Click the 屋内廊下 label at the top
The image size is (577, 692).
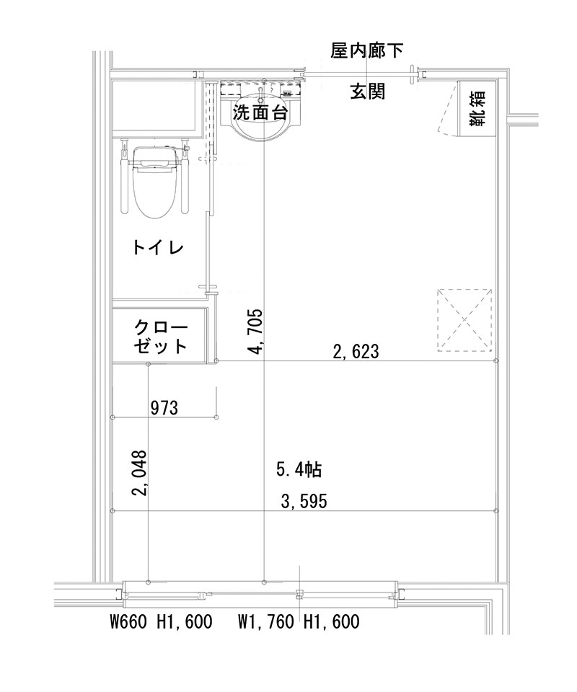366,51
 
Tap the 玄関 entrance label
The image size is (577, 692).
367,92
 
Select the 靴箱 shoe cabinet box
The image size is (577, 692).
477,107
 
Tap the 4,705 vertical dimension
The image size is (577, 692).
255,332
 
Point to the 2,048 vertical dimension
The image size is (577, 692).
139,474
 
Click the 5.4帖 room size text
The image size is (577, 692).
299,470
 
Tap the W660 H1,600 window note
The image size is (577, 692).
160,621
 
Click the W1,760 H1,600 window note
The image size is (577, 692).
299,621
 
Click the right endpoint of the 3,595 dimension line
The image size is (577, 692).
496,510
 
